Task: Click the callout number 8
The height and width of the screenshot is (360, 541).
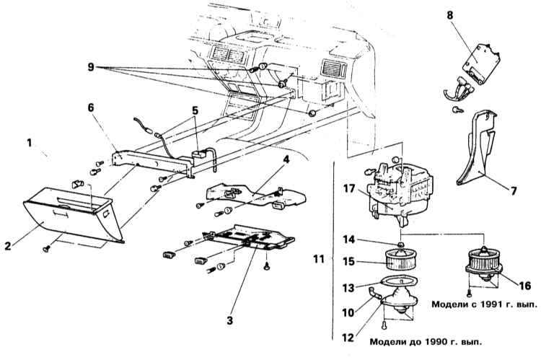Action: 449,16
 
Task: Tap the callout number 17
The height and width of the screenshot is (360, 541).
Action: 349,189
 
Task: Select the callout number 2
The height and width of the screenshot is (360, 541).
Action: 8,246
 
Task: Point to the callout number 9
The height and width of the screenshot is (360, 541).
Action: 91,66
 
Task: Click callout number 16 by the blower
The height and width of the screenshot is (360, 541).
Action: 524,286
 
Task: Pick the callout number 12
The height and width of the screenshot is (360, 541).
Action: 349,337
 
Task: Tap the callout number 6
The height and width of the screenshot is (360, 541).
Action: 91,107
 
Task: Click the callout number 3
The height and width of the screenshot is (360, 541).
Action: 230,320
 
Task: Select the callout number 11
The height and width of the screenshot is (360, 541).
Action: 318,258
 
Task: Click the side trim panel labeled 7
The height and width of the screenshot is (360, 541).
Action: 478,149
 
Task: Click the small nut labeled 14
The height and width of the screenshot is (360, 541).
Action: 400,245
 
